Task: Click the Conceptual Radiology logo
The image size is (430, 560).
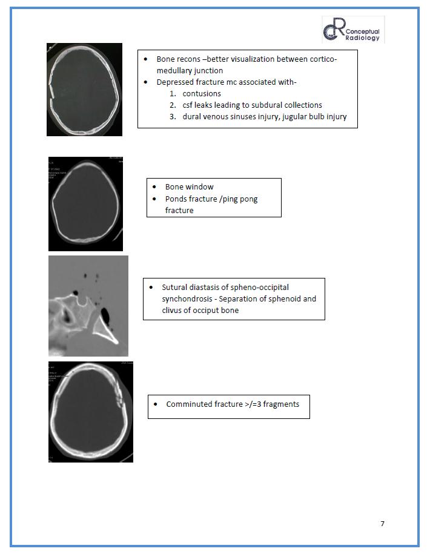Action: (352, 30)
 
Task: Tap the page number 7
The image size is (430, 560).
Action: (382, 524)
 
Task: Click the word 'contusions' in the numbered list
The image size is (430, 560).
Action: (202, 94)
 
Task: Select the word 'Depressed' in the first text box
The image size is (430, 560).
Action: (174, 82)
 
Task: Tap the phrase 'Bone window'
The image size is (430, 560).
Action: (190, 187)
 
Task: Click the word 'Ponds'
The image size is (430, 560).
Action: (176, 199)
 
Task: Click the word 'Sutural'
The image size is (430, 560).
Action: (175, 287)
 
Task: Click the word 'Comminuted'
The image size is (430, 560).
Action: (188, 404)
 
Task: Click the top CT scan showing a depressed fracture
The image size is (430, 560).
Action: (84, 90)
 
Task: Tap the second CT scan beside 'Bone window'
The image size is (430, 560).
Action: (85, 204)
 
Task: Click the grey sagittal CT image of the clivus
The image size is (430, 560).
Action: (88, 306)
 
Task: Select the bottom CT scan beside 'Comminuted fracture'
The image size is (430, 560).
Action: (91, 412)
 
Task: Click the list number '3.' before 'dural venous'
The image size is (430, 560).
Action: (173, 117)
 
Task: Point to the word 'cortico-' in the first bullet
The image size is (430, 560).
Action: (319, 59)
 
